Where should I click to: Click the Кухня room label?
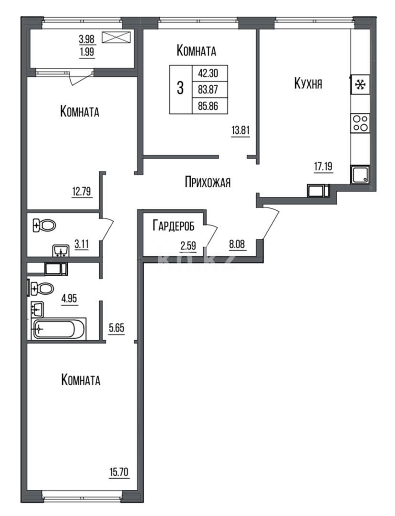tap(308, 84)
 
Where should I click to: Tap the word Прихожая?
tap(208, 182)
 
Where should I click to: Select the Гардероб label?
tap(174, 226)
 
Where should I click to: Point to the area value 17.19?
tap(323, 167)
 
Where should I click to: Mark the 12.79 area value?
tap(82, 193)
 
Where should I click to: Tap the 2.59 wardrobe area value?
tap(188, 246)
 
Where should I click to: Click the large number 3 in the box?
tap(180, 89)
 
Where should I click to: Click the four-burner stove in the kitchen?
tap(360, 124)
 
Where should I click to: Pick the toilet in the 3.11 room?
tap(44, 226)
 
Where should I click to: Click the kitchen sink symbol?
tap(360, 174)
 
